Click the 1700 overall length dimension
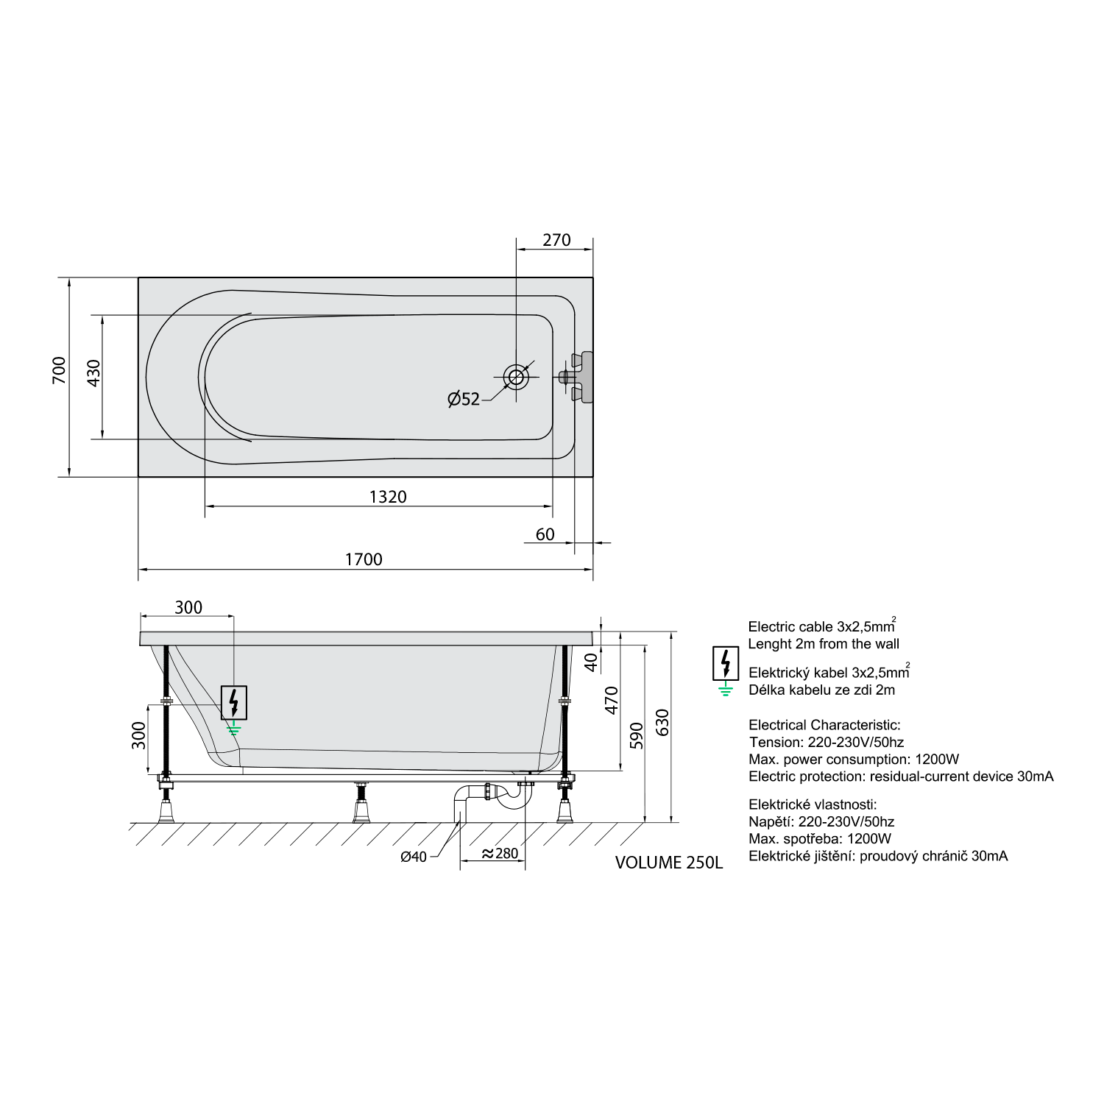click(x=364, y=559)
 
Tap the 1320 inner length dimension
click(x=388, y=497)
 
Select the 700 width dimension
click(x=59, y=370)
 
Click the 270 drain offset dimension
click(x=556, y=240)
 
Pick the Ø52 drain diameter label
click(x=464, y=399)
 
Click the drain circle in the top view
click(x=516, y=378)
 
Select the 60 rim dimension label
click(x=545, y=534)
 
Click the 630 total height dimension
click(x=662, y=723)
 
